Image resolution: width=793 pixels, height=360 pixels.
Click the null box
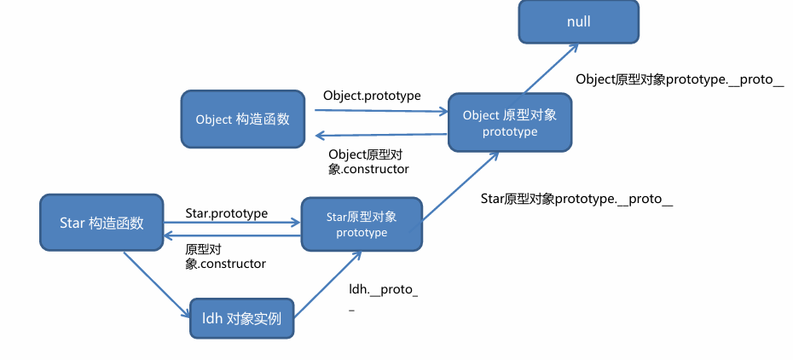pos(579,21)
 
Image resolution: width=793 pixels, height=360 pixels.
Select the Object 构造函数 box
pos(242,119)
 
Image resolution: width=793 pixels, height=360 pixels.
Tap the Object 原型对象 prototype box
pos(510,123)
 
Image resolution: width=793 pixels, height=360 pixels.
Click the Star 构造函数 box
pos(101,224)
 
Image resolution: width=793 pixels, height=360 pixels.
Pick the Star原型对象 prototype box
pos(362,224)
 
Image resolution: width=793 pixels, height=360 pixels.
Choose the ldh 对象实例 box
pos(241,320)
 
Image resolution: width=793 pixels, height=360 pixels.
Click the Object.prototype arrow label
pos(372,96)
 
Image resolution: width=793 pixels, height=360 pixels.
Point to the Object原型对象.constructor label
pos(368,161)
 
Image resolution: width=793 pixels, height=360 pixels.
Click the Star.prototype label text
pos(227,212)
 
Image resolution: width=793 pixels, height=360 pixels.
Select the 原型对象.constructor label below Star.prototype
pos(225,257)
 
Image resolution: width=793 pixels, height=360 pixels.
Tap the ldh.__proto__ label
pos(383,296)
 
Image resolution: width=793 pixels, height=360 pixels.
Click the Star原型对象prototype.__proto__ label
pos(577,199)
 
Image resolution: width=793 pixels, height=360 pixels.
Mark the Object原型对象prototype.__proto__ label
pos(680,78)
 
